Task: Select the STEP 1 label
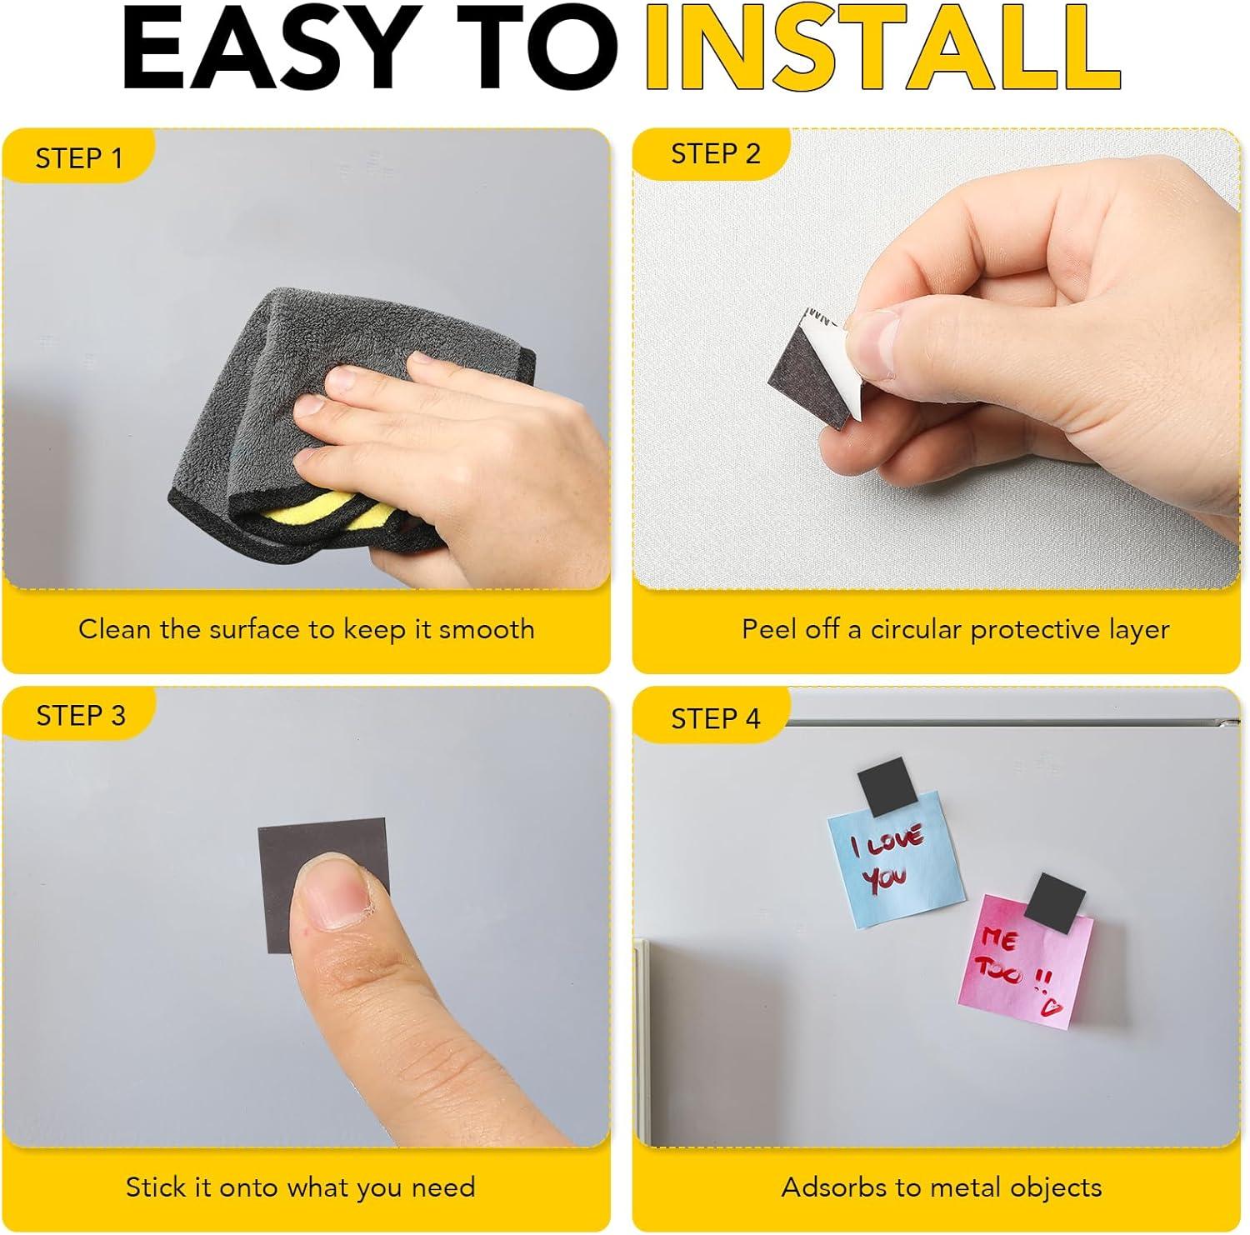[x=78, y=157]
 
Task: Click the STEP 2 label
[x=716, y=154]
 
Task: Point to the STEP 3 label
[x=81, y=715]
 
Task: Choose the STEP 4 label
[x=716, y=718]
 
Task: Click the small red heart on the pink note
[x=1052, y=1008]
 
